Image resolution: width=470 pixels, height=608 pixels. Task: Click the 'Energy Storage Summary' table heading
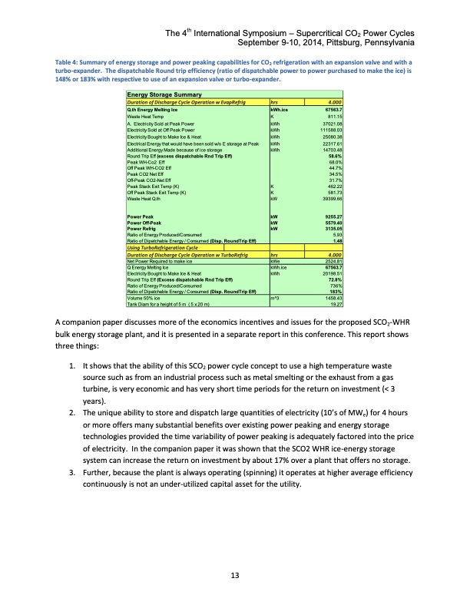[160, 94]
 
